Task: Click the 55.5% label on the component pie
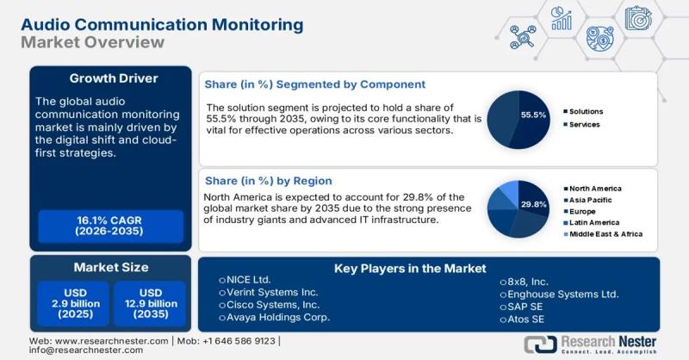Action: coord(534,114)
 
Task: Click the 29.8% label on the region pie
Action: coord(534,204)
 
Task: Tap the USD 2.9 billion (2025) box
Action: coord(71,304)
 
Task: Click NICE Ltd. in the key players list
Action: coord(250,281)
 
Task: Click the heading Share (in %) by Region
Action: coord(268,181)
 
